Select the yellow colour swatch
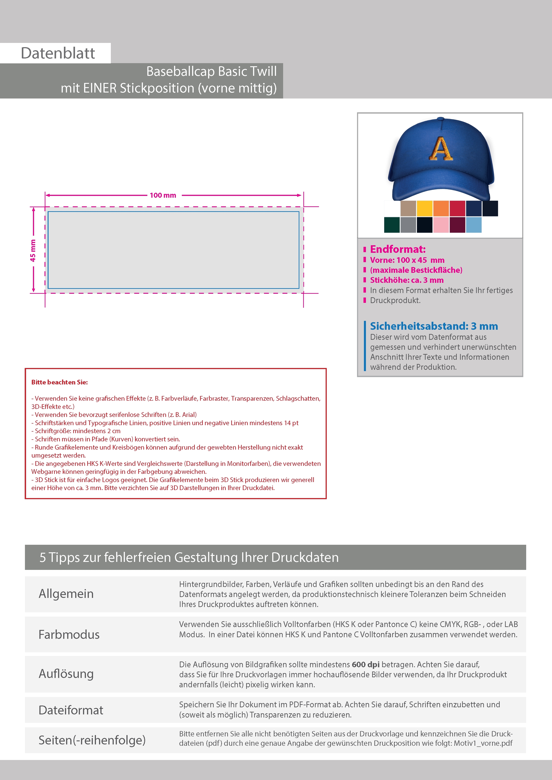(x=424, y=208)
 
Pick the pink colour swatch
(x=441, y=225)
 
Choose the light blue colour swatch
(x=473, y=225)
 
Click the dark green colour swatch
(x=392, y=225)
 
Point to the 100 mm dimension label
(x=163, y=195)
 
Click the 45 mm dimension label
(x=33, y=250)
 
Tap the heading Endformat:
(x=398, y=249)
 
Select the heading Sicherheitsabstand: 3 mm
(x=434, y=326)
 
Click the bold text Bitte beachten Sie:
(x=59, y=382)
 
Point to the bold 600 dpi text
(x=366, y=665)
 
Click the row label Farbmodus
(x=69, y=635)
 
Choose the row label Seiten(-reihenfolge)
(x=92, y=740)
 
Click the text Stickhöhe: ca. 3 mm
(x=406, y=280)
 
